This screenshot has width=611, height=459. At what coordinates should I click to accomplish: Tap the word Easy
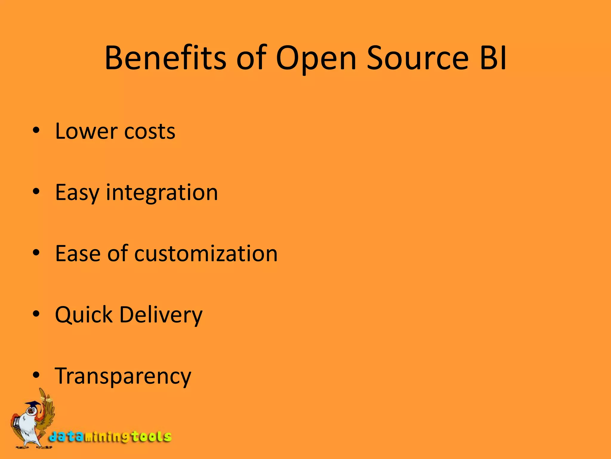point(77,193)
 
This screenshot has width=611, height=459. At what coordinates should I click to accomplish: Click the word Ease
point(78,253)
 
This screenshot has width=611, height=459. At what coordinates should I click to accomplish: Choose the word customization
point(206,253)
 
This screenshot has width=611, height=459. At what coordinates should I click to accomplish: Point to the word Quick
point(84,315)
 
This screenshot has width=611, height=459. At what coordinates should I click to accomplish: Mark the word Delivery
point(161,315)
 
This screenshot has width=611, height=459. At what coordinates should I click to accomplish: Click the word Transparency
point(123,376)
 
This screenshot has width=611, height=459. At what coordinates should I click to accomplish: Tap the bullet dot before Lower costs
point(36,131)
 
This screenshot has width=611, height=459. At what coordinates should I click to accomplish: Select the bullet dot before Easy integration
point(36,192)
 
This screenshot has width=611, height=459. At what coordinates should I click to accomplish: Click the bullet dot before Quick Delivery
point(36,314)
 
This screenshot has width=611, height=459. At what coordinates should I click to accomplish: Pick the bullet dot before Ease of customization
point(36,253)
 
